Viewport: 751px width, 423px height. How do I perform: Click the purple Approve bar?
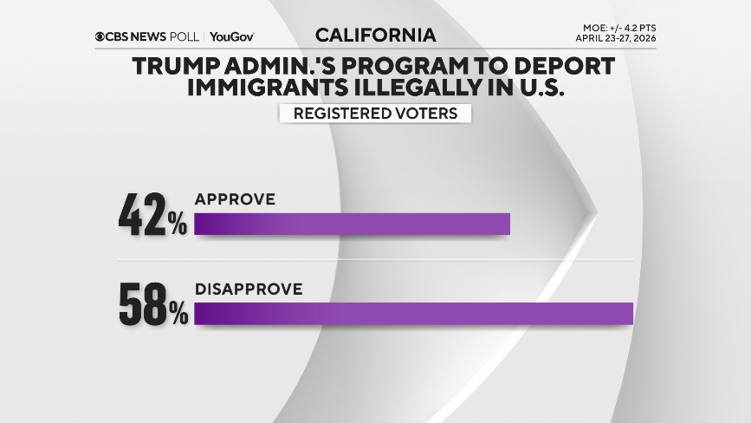point(352,223)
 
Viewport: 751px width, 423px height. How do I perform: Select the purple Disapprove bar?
point(414,313)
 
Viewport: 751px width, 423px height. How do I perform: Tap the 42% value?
point(152,218)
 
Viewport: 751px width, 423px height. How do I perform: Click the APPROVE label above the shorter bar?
point(235,199)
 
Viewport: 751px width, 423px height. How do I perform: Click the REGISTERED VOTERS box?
point(375,114)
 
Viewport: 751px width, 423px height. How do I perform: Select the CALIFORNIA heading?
point(375,36)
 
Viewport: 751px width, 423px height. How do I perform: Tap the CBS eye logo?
point(101,36)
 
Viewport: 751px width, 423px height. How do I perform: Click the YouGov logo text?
point(231,36)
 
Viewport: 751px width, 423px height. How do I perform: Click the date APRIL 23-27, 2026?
point(615,38)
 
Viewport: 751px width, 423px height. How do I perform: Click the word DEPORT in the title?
point(562,66)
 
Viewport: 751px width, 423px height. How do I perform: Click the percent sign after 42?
point(178,226)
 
